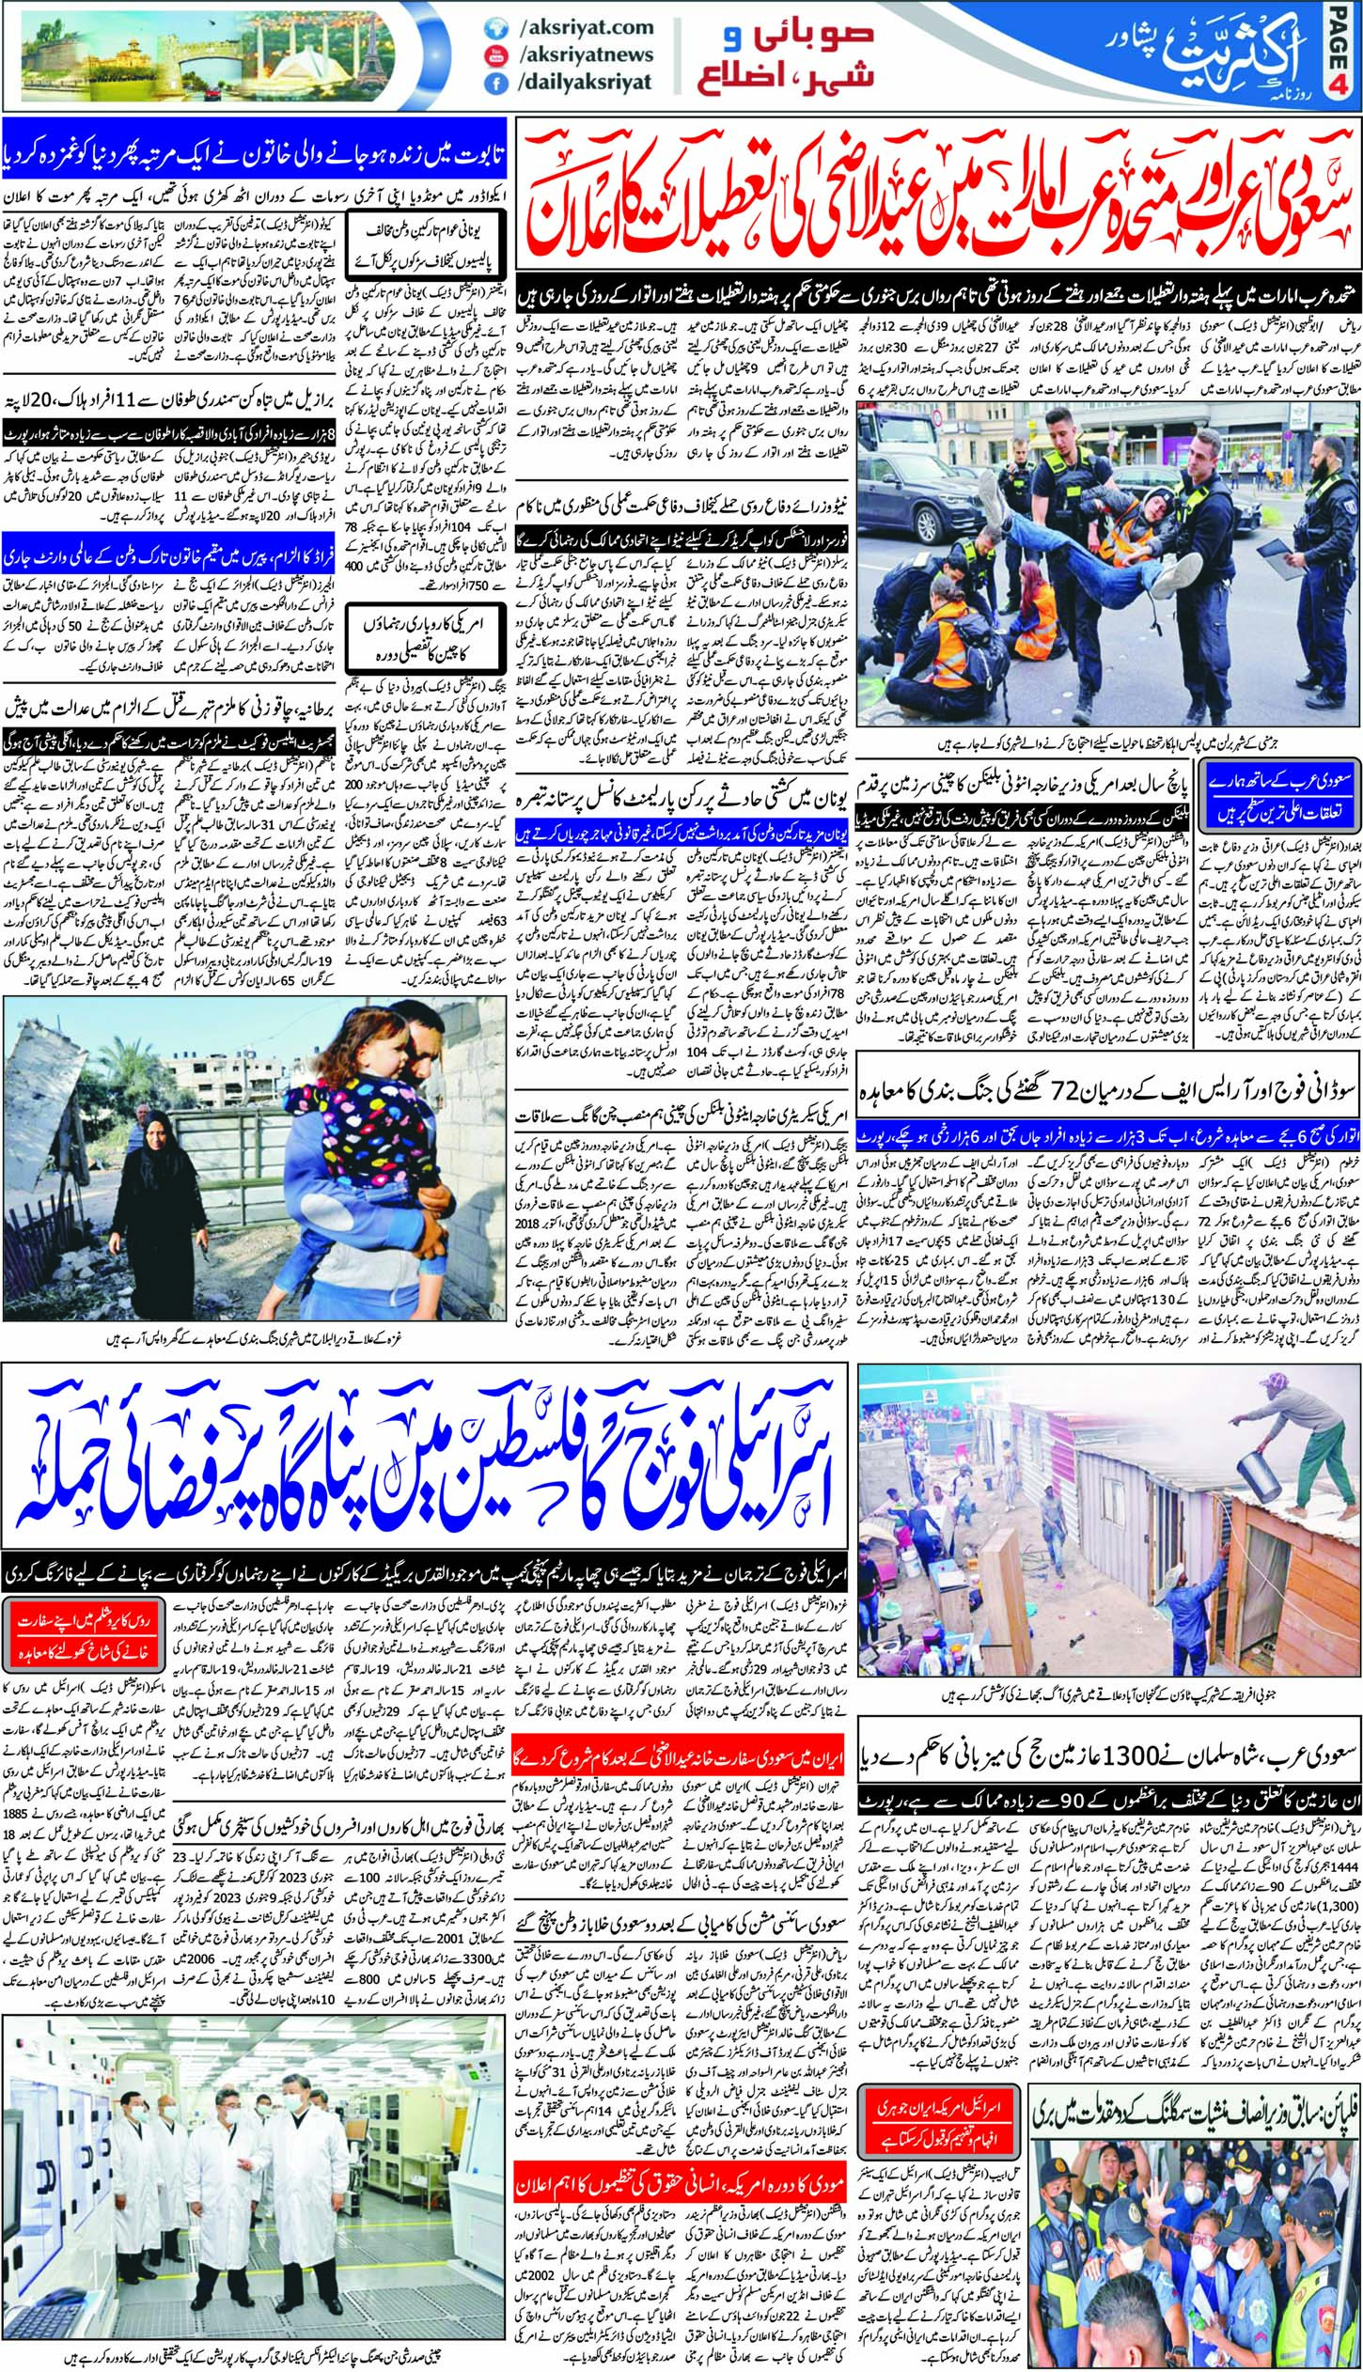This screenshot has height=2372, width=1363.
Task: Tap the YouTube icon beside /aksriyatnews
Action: click(492, 55)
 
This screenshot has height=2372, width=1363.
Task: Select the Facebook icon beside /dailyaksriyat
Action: click(492, 83)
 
